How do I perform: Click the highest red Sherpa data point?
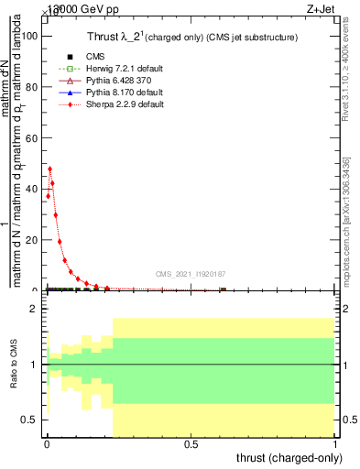[x=49, y=169]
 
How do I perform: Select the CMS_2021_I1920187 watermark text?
[x=190, y=274]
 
